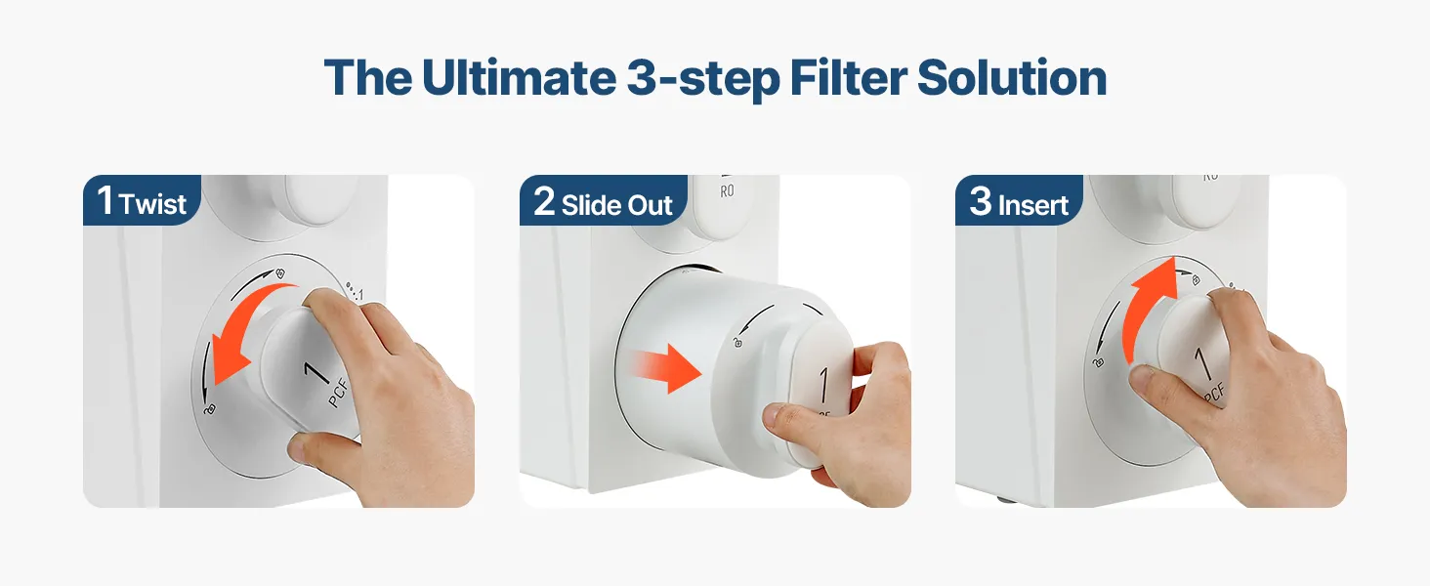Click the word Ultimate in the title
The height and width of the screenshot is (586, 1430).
point(519,77)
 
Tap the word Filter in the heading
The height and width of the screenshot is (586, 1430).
point(849,77)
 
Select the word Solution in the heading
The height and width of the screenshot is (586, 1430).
point(1012,77)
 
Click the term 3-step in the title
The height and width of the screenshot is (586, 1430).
point(703,80)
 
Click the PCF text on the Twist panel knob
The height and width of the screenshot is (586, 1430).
point(338,393)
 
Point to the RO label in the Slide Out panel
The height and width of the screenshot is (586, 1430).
point(727,190)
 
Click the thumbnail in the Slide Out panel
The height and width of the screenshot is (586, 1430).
point(773,415)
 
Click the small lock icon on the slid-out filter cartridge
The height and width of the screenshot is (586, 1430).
point(738,342)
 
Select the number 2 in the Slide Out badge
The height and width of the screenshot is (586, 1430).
point(544,201)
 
